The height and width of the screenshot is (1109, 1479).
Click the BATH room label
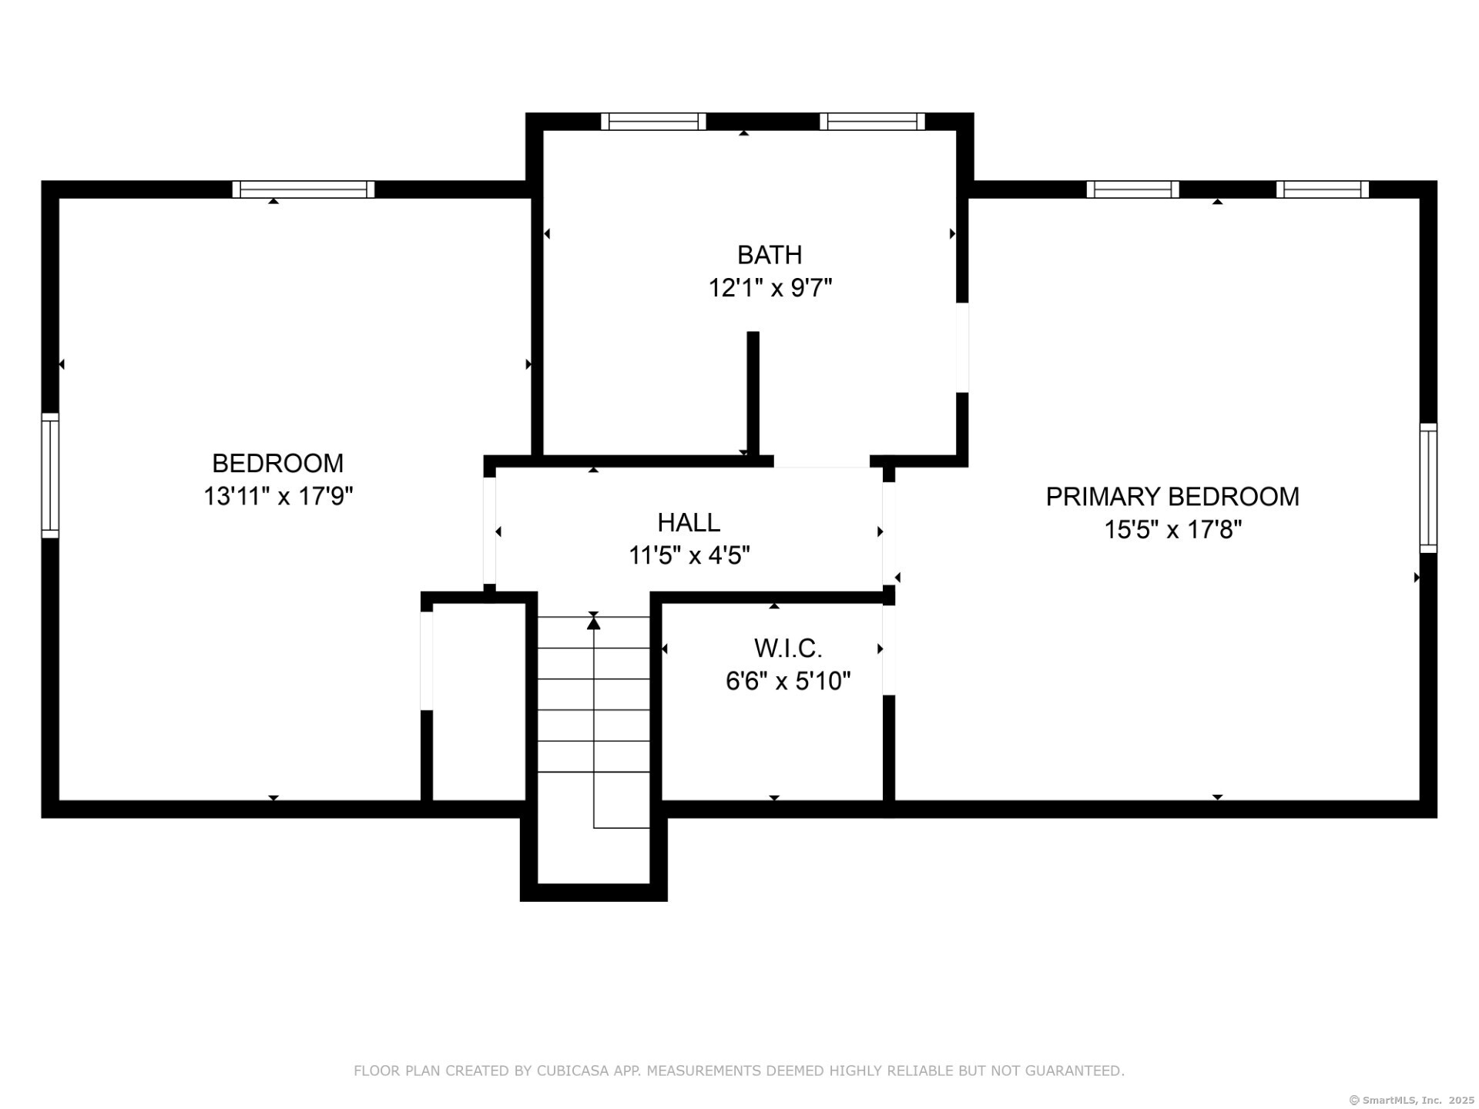(769, 255)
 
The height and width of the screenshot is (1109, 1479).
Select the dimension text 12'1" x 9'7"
(770, 288)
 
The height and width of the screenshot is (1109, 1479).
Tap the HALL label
(689, 522)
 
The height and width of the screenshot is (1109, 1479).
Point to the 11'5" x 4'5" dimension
(689, 555)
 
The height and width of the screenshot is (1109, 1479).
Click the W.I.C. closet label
(788, 648)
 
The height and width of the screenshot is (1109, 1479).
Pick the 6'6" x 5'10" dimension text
(788, 682)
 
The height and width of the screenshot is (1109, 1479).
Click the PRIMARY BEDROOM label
(1172, 497)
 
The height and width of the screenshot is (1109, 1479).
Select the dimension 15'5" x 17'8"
(1172, 530)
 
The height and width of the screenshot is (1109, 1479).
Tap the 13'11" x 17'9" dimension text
(278, 496)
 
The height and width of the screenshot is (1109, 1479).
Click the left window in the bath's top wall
(653, 122)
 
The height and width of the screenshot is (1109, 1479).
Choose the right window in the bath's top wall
(872, 122)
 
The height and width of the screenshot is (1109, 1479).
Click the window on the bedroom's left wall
(50, 475)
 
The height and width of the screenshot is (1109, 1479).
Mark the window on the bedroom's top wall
(304, 189)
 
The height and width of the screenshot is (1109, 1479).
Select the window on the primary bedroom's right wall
(1428, 487)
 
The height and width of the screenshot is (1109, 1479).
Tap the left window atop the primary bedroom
(1132, 189)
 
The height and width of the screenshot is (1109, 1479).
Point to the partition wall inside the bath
(753, 394)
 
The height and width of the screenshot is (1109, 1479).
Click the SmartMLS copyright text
(1411, 1101)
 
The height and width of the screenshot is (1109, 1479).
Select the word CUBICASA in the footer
(572, 1070)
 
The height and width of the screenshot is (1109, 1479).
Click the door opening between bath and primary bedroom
(962, 347)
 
